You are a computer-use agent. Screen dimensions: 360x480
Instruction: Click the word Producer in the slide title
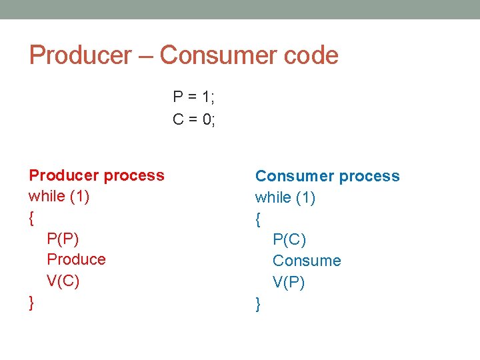80,55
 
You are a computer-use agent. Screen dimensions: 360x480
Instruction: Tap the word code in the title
313,55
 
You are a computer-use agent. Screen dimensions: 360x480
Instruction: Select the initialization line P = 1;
193,97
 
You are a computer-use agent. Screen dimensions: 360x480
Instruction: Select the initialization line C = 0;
194,119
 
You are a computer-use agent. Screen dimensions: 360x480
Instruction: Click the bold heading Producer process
97,175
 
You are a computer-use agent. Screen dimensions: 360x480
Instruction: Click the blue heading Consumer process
327,176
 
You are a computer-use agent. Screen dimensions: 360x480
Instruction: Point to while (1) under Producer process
59,197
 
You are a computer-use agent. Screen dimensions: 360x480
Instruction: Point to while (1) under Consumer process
285,197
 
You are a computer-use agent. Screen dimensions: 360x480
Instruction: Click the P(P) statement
63,239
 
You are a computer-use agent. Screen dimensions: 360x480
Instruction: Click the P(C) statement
289,239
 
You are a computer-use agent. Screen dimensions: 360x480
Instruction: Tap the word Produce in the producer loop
76,259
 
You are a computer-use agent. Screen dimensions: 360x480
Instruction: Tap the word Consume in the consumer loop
307,261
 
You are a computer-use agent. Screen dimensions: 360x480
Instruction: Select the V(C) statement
63,281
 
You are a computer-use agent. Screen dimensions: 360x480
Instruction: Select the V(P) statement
289,283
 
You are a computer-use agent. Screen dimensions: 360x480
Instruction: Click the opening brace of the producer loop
32,218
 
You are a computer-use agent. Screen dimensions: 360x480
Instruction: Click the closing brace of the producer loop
32,303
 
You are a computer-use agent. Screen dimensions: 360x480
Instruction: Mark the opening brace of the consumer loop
258,219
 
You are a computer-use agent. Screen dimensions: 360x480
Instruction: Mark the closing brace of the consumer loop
258,305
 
